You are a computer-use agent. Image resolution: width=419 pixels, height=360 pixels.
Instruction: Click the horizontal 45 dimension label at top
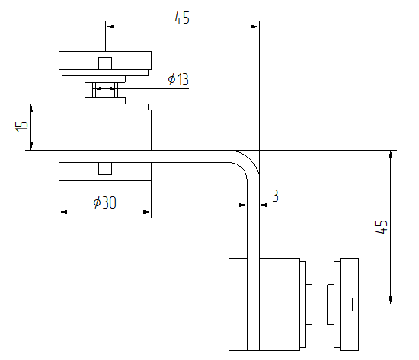(x=182, y=18)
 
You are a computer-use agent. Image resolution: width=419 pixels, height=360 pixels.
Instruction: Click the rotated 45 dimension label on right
(x=382, y=227)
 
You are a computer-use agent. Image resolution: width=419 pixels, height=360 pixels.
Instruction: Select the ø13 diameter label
(x=178, y=79)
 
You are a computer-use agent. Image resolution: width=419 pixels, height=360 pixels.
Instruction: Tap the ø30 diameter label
(x=105, y=202)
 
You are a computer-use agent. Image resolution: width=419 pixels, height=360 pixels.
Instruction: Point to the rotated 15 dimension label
(x=21, y=126)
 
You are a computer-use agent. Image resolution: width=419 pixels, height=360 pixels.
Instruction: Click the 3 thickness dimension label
(x=275, y=196)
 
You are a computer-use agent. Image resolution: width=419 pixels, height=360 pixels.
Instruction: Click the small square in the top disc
(x=105, y=63)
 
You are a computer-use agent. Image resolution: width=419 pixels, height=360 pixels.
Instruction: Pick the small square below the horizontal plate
(x=105, y=168)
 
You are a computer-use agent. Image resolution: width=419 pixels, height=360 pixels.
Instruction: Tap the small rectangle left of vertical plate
(x=241, y=304)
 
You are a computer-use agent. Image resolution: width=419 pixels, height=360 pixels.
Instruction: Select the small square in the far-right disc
(x=346, y=304)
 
